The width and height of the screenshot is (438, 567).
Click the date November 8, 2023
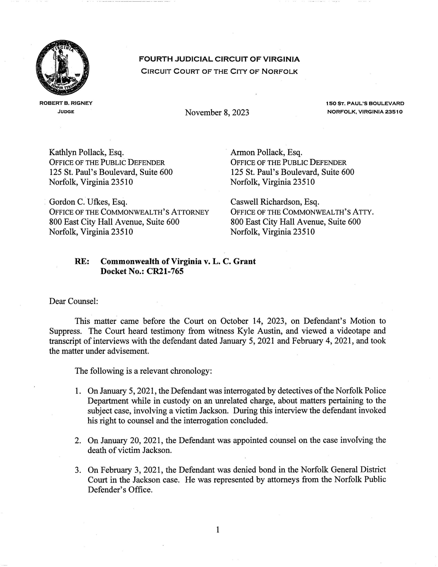click(217, 113)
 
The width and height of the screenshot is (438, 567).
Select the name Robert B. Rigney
click(66, 103)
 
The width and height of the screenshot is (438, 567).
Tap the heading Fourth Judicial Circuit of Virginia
click(219, 59)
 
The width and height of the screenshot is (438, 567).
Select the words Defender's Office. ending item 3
click(120, 490)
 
